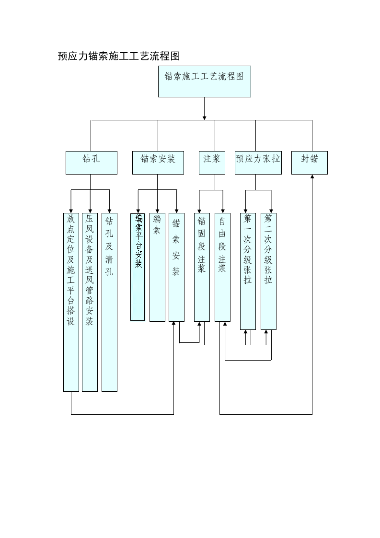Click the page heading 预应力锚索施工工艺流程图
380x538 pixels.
tap(118, 56)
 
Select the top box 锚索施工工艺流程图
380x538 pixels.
tap(205, 82)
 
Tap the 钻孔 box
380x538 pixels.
tap(91, 163)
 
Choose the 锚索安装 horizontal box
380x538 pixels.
tap(158, 163)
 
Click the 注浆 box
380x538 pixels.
tap(212, 163)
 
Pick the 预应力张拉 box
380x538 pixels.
tap(258, 163)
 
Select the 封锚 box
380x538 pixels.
tap(310, 163)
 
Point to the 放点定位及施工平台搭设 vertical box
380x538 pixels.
tap(71, 302)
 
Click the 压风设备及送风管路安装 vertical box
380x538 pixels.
tap(90, 302)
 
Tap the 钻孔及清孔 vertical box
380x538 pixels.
tap(109, 302)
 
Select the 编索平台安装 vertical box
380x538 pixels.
tap(138, 267)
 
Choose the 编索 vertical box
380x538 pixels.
tap(157, 267)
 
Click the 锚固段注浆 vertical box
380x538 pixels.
tap(202, 267)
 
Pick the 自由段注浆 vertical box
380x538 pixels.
tap(222, 267)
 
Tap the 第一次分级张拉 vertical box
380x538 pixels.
tap(248, 271)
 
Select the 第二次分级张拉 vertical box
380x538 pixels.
tap(268, 271)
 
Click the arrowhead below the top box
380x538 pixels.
tap(205, 117)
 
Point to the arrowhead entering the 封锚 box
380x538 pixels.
tap(312, 177)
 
